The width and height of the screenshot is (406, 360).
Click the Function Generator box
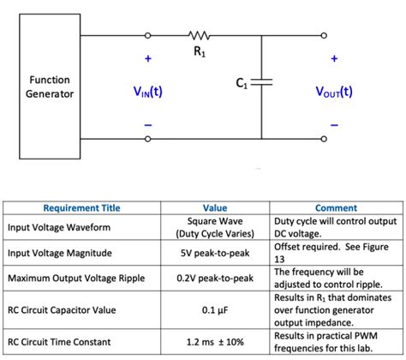tap(49, 87)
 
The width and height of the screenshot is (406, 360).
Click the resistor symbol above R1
tap(197, 36)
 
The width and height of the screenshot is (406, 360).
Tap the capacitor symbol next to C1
tap(261, 82)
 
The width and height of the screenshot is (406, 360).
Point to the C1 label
tap(242, 83)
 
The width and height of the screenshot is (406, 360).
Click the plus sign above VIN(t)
tap(147, 59)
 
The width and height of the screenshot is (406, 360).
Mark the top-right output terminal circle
tap(325, 36)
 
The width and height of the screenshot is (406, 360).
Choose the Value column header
tap(214, 207)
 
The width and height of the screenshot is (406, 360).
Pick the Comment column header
tap(336, 207)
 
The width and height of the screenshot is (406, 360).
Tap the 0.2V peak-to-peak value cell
tap(214, 278)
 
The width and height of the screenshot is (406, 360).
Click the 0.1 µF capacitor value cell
tap(214, 309)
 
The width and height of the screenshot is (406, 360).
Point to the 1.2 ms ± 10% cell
tap(214, 342)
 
